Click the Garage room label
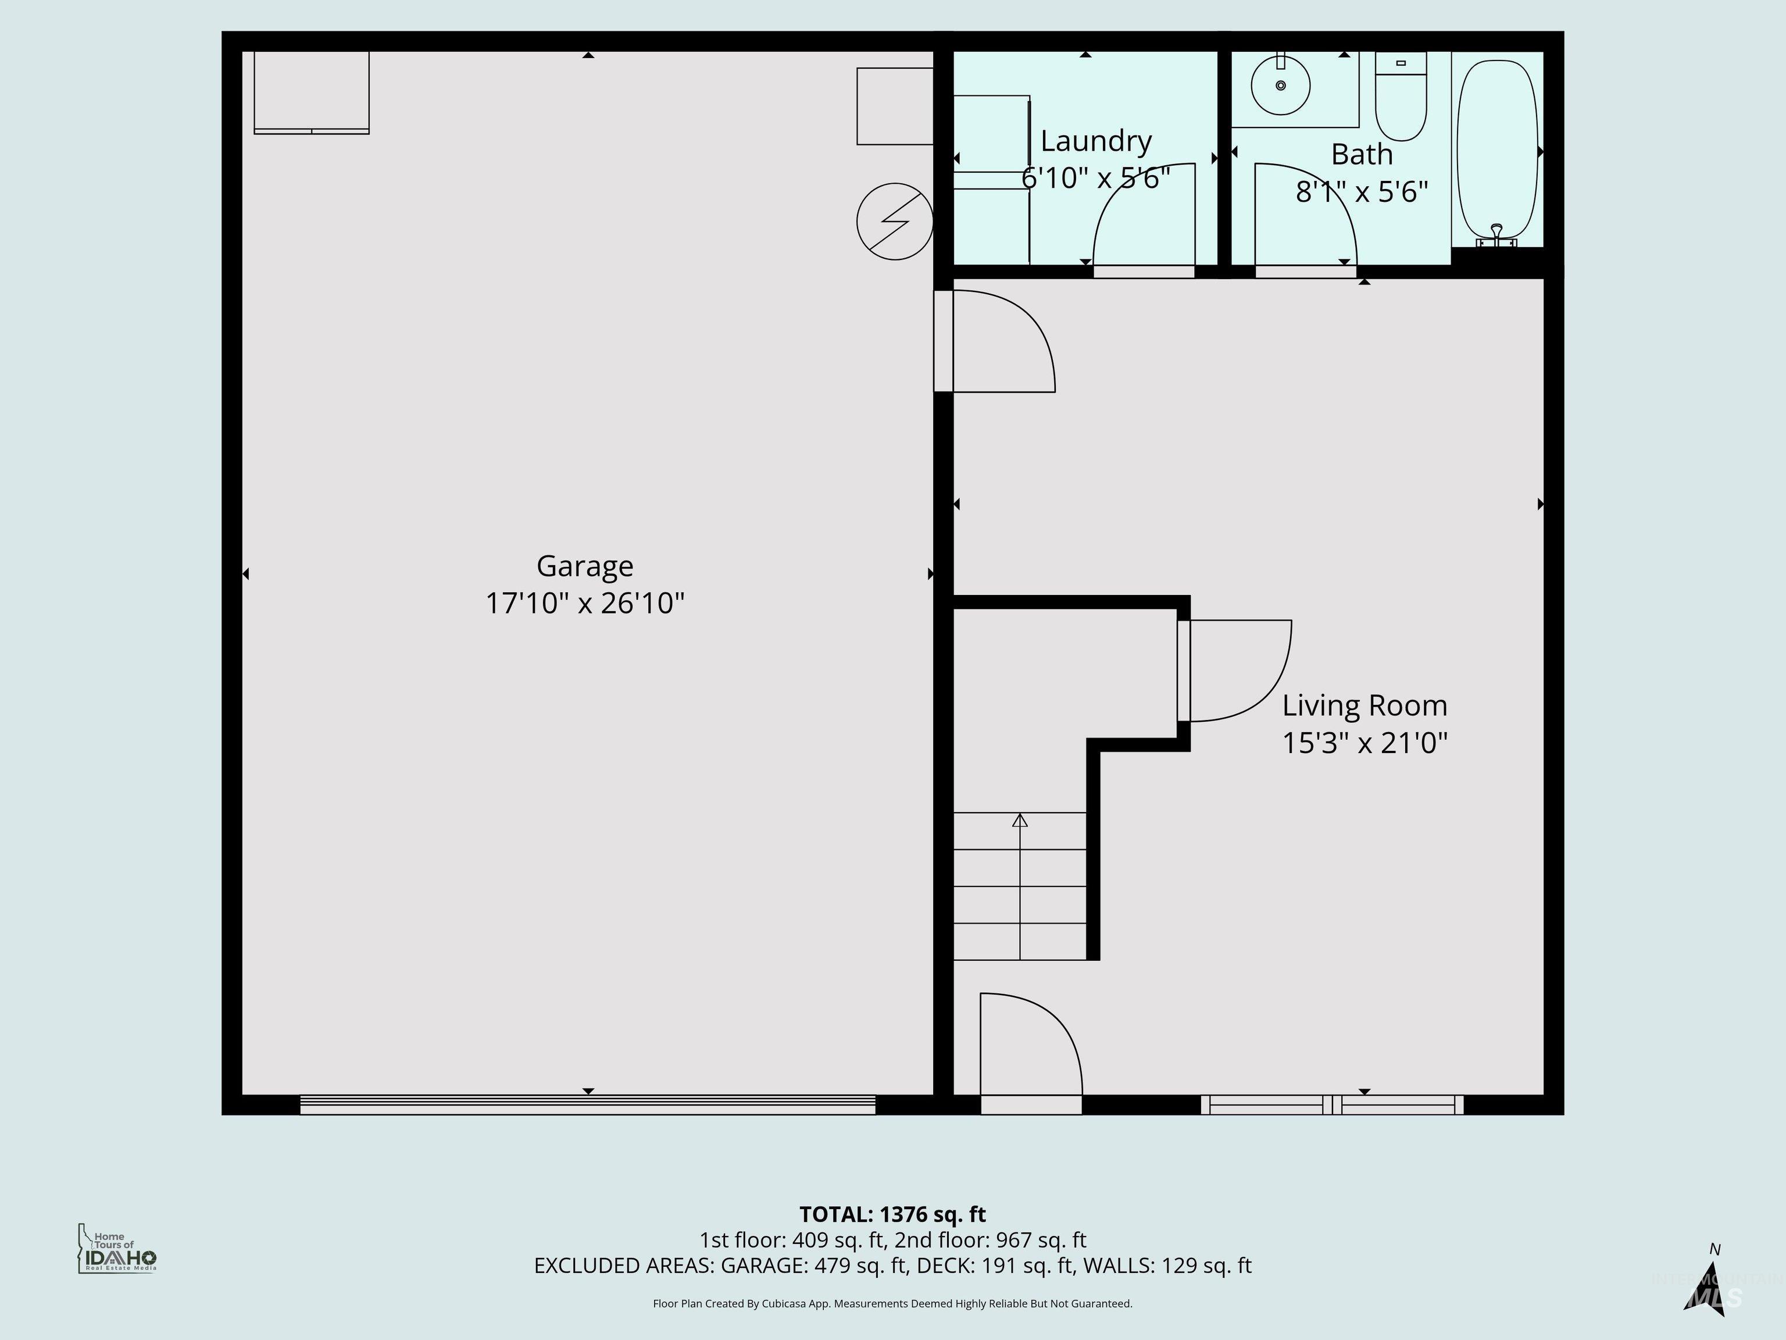584,566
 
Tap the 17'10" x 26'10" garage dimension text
584,603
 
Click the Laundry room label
1096,141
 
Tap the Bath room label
1361,154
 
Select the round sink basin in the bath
1281,85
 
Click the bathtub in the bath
1497,149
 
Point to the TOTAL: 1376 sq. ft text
892,1214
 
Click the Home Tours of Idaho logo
117,1249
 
